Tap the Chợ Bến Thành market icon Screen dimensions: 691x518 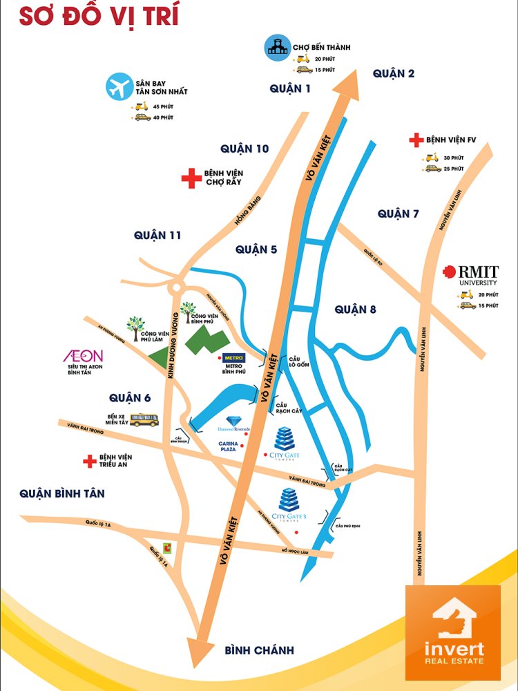pos(277,48)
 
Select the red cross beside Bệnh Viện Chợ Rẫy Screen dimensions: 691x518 pos(190,178)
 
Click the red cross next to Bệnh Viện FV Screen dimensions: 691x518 pos(416,140)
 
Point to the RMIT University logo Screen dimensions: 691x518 pos(470,274)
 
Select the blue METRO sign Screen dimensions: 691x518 pos(232,358)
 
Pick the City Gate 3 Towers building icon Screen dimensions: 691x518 pos(288,500)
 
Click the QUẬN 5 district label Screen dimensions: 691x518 pos(256,249)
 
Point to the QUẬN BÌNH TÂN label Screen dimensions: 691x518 pos(62,493)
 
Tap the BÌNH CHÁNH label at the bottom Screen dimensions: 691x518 pos(260,650)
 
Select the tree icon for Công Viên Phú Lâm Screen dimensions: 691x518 pos(135,323)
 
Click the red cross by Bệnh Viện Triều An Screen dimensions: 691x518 pos(88,461)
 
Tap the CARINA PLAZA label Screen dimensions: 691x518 pos(228,445)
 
